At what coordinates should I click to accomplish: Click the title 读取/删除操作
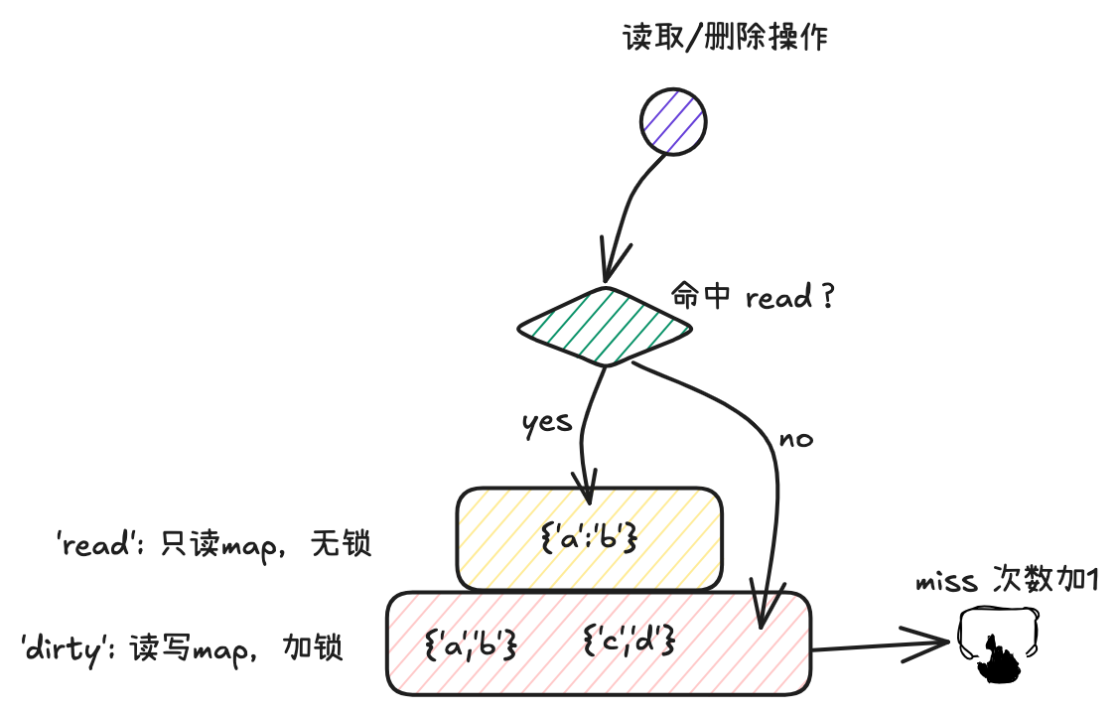click(725, 39)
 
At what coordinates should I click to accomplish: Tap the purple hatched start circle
click(671, 121)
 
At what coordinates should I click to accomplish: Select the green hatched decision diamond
click(606, 326)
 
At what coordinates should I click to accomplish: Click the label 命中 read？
click(753, 297)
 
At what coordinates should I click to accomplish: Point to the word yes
click(547, 422)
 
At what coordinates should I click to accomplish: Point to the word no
click(795, 438)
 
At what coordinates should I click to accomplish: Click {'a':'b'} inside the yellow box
click(588, 539)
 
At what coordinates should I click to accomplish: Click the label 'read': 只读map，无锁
click(213, 544)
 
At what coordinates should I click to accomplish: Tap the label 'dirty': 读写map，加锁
click(182, 648)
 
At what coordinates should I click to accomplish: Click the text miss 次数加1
click(1006, 581)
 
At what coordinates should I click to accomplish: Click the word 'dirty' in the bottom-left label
click(67, 648)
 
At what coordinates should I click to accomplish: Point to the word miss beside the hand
click(947, 582)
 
